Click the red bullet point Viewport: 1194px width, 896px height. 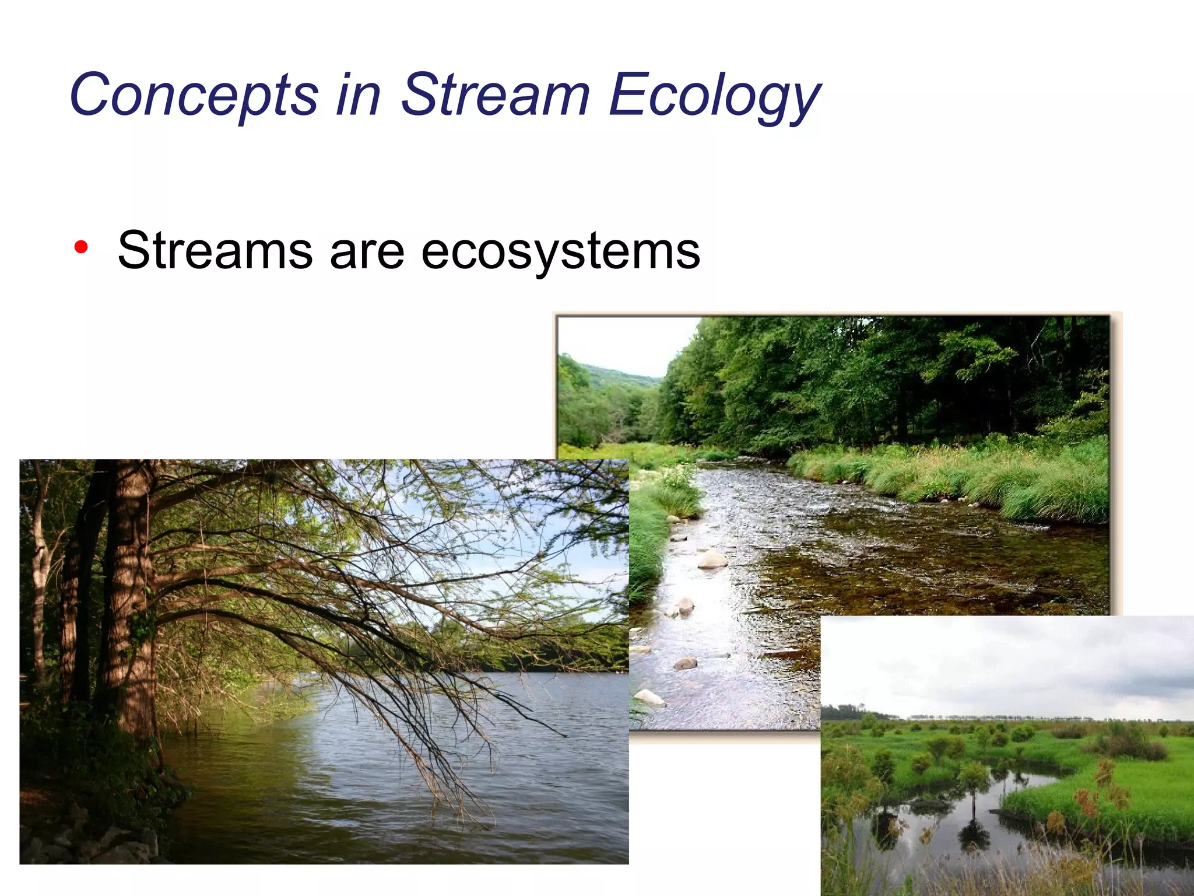(x=81, y=247)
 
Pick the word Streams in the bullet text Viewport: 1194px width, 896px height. (x=215, y=251)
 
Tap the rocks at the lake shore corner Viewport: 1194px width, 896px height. (x=87, y=840)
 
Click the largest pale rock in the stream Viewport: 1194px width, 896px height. (x=712, y=559)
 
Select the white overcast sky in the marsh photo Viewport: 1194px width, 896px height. (x=991, y=665)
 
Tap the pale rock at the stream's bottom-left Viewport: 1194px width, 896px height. (x=648, y=696)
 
